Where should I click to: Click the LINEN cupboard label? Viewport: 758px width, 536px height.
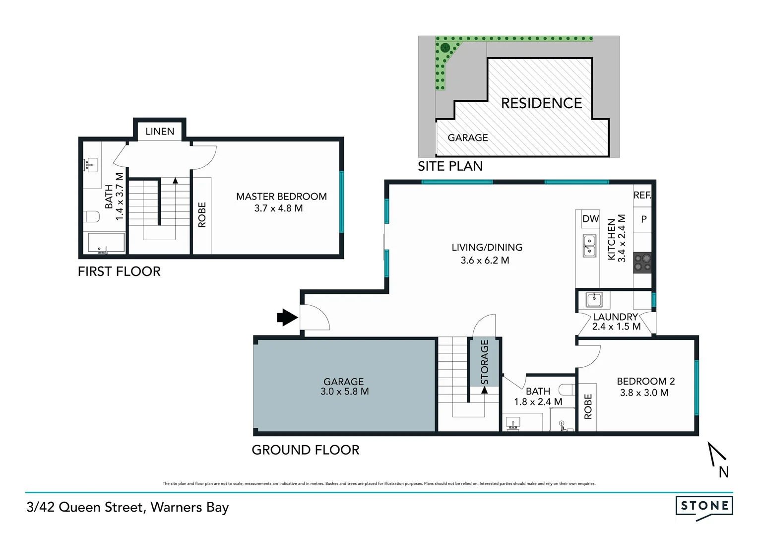[160, 132]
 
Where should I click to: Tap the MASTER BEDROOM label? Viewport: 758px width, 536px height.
[281, 197]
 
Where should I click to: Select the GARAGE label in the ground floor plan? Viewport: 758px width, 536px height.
[343, 382]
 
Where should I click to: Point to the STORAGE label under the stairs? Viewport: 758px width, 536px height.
[485, 362]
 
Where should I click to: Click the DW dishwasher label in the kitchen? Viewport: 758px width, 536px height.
[590, 219]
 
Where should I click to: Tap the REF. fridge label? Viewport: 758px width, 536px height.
[642, 196]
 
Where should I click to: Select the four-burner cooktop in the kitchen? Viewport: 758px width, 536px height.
[642, 263]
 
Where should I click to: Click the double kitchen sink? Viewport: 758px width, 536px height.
[589, 246]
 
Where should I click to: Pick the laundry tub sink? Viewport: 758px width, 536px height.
[594, 300]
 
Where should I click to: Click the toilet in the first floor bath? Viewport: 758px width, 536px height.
[92, 217]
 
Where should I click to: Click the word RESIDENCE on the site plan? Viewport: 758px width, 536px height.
[541, 103]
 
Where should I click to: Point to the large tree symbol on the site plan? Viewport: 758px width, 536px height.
[444, 48]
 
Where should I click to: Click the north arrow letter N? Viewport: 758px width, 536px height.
[724, 472]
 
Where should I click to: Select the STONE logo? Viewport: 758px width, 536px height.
[704, 507]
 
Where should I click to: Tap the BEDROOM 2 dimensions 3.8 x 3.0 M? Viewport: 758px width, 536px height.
[644, 393]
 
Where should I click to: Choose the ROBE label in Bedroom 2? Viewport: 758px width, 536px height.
[588, 406]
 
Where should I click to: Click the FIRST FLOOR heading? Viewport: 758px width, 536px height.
[119, 271]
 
